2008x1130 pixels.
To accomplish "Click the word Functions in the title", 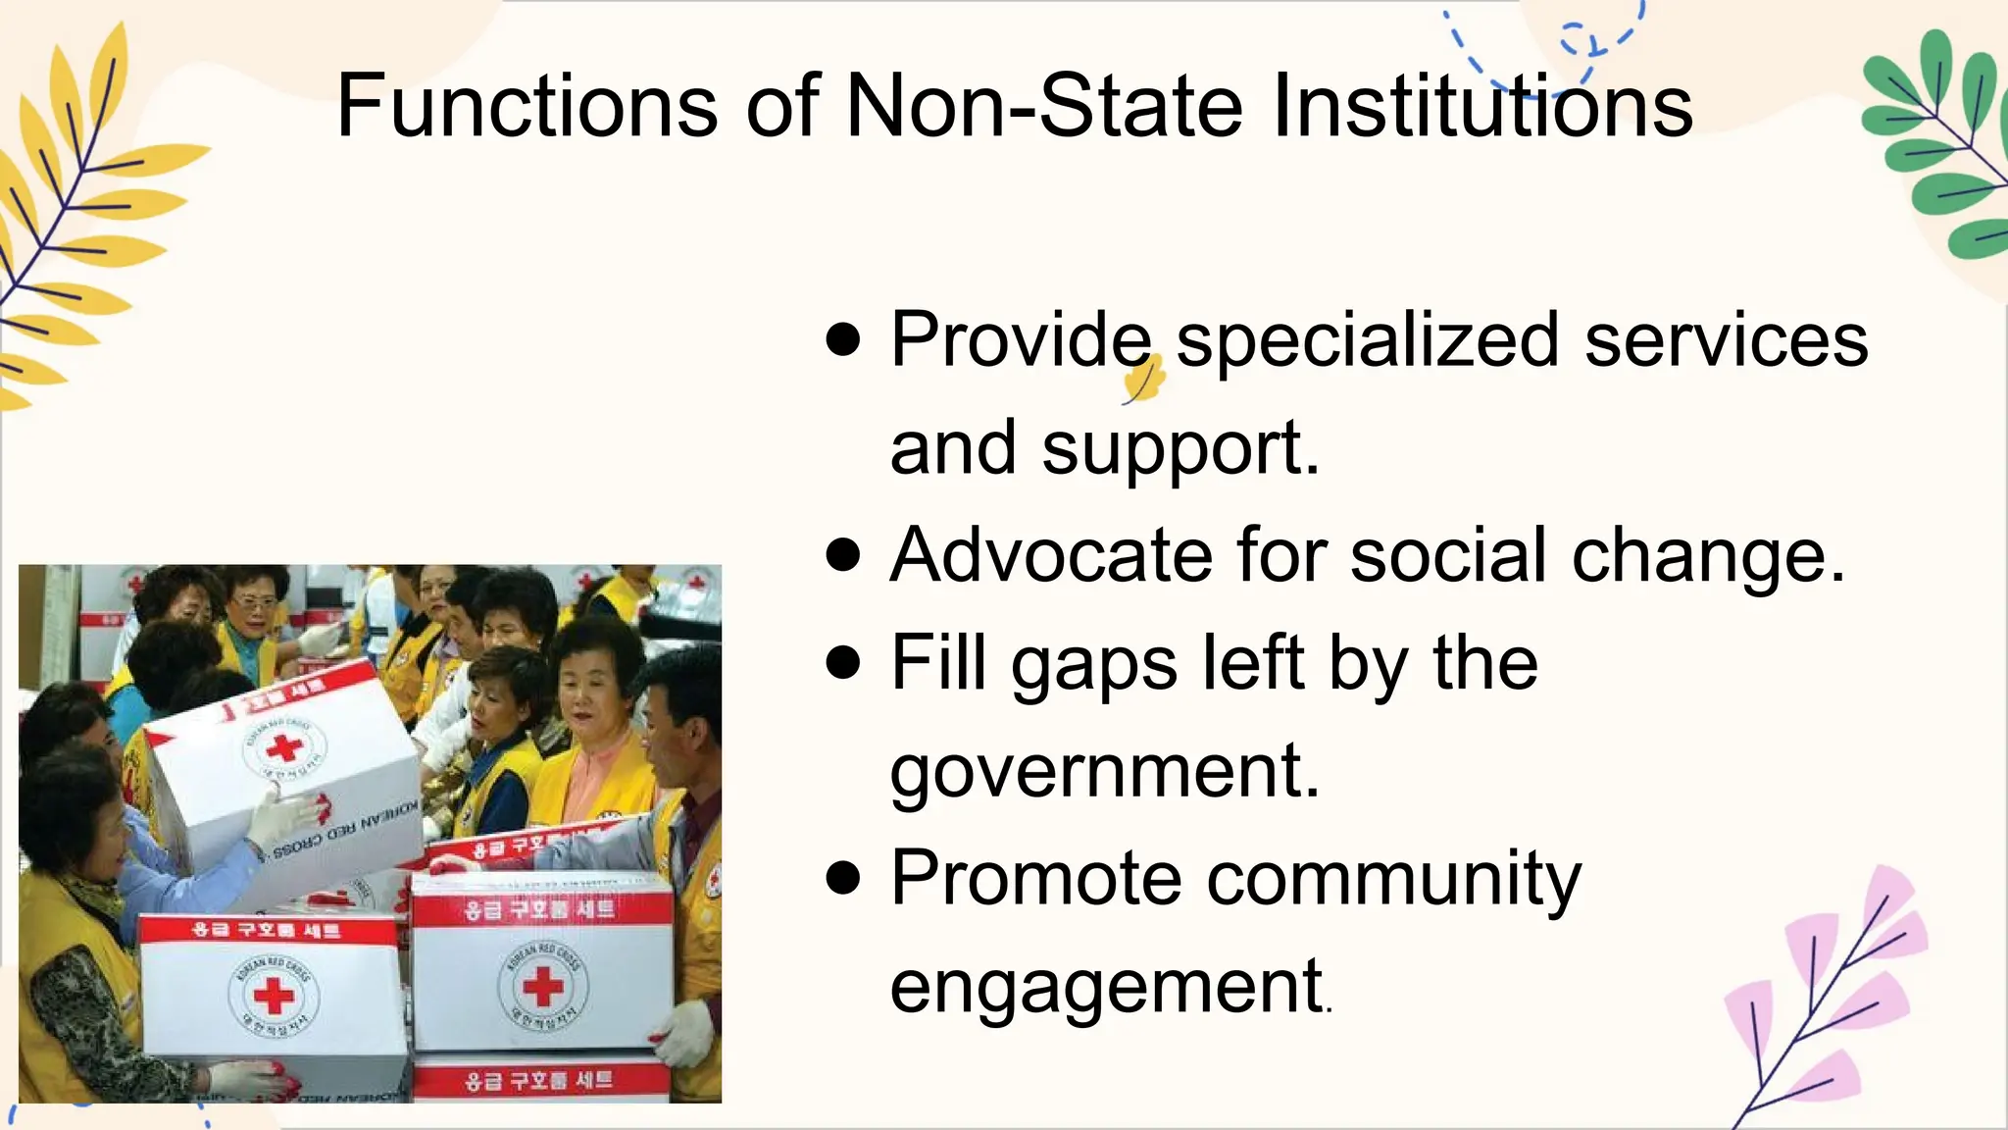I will tap(527, 106).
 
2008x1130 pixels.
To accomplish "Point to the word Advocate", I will tap(1051, 555).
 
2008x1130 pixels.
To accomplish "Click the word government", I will tap(1104, 771).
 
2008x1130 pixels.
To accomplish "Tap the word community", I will tap(1393, 878).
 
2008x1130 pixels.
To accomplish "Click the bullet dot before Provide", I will tap(843, 340).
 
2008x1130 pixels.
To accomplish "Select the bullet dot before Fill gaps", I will tap(843, 662).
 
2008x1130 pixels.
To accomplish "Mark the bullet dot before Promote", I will tap(843, 877).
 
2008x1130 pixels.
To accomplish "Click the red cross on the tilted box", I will tap(284, 748).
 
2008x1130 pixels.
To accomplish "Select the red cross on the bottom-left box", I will tap(274, 997).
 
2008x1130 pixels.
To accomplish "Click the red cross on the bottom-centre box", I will tap(542, 986).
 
